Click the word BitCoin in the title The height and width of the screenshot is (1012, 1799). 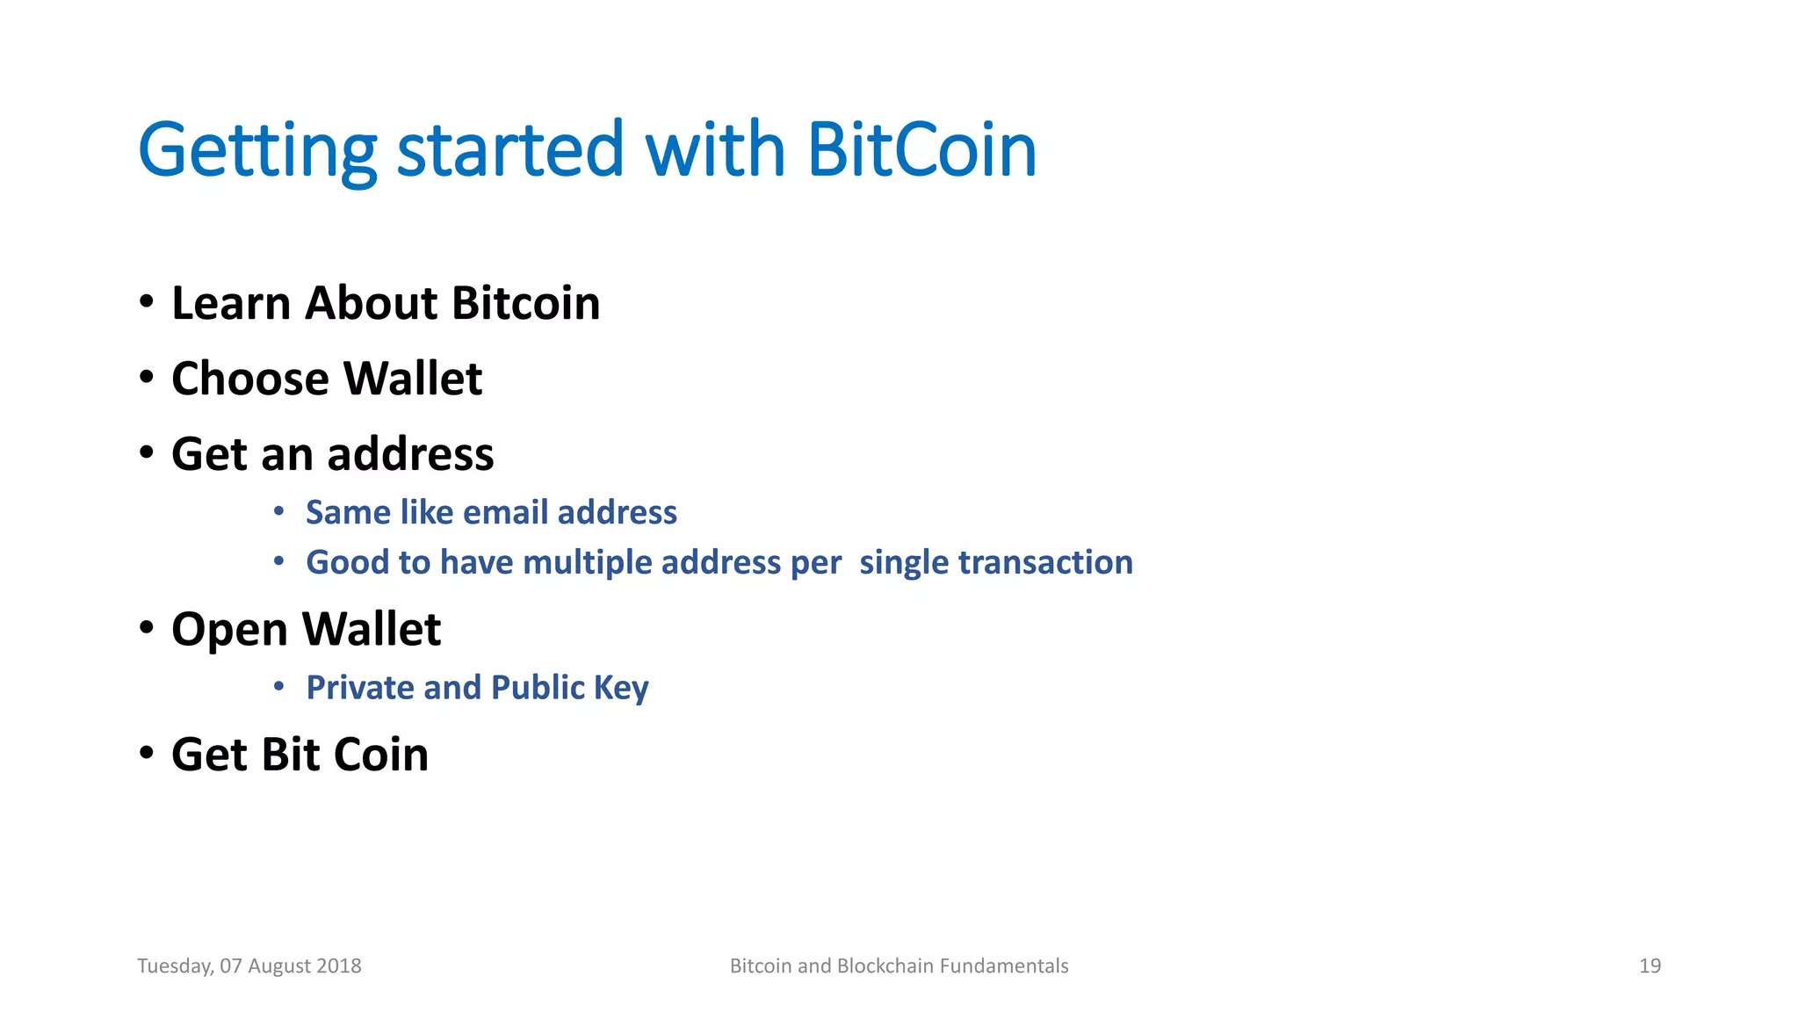(x=921, y=150)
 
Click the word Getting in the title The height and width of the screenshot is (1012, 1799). (x=257, y=152)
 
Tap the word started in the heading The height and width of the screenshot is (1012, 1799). (x=510, y=150)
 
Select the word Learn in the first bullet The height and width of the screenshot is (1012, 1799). (x=231, y=303)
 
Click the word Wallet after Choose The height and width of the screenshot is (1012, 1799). (x=413, y=379)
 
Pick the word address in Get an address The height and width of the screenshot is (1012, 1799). (x=411, y=454)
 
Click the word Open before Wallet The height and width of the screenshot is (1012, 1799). (x=229, y=631)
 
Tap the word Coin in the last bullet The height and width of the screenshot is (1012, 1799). (x=381, y=755)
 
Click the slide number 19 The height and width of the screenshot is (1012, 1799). (x=1650, y=966)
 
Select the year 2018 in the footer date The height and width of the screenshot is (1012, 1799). (x=339, y=966)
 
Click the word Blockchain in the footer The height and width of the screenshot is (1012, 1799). (x=885, y=966)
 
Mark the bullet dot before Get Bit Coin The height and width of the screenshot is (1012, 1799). (x=147, y=753)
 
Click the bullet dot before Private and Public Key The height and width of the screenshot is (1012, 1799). (x=278, y=686)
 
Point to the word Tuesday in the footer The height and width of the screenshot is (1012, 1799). (x=174, y=966)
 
